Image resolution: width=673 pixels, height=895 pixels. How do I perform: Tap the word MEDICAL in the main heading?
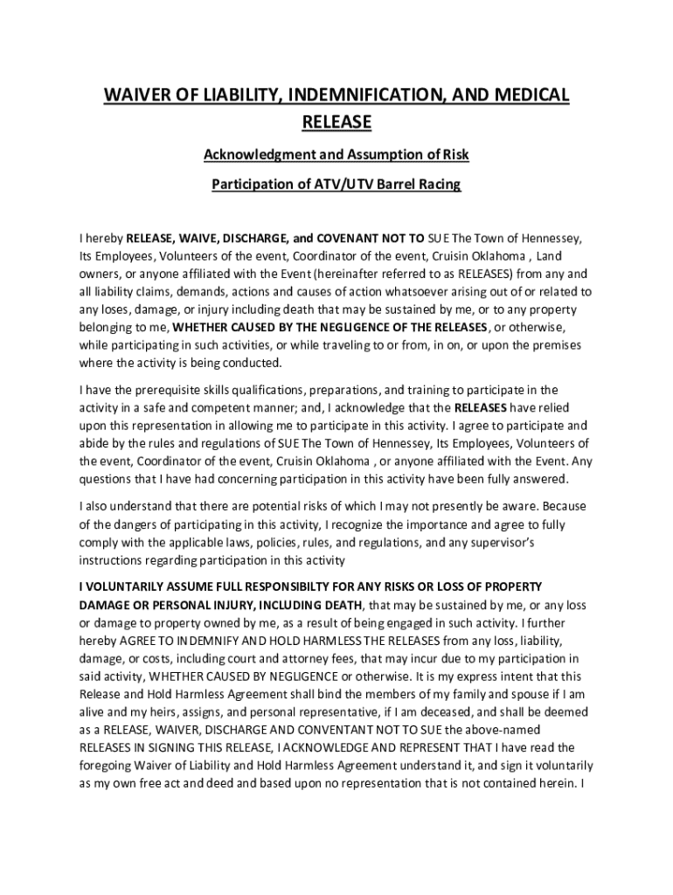point(526,95)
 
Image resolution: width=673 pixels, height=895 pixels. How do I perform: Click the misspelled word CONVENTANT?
point(339,729)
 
